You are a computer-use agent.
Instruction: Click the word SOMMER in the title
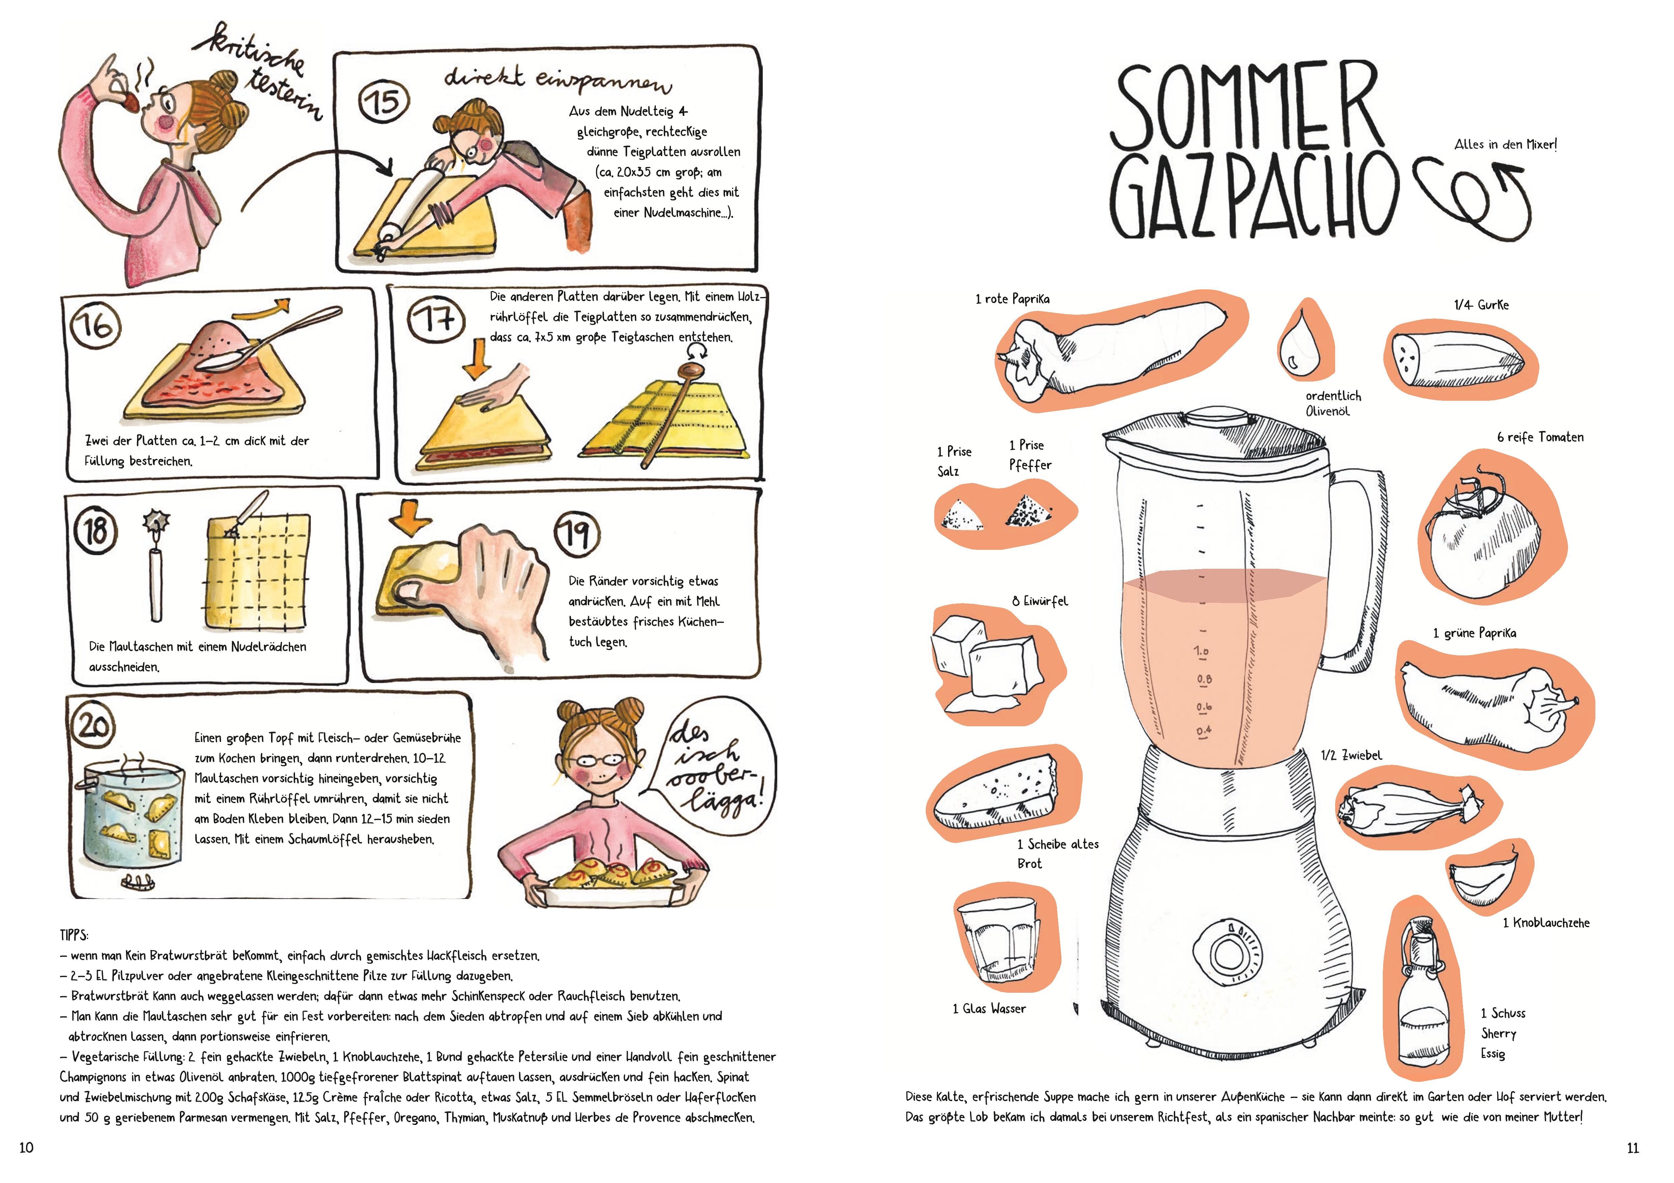point(1246,106)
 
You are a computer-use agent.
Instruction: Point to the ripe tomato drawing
point(1484,536)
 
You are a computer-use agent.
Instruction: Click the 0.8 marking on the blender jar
point(1204,679)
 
